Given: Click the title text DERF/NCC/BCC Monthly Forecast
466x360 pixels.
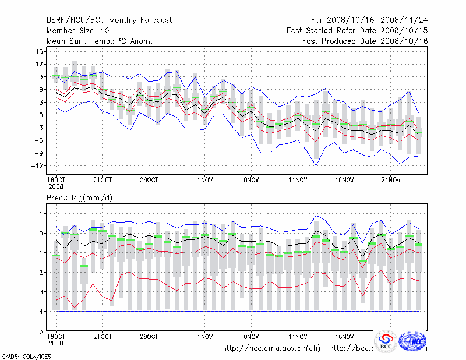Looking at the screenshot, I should (x=109, y=20).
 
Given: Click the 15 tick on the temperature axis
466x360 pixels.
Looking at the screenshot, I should (x=40, y=51).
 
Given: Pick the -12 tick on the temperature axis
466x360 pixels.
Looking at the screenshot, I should (x=38, y=165).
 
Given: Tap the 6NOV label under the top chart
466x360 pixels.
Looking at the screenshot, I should (x=252, y=180).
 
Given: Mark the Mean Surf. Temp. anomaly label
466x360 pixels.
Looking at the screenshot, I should (x=100, y=41).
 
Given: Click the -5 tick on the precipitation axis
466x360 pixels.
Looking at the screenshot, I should (x=40, y=331).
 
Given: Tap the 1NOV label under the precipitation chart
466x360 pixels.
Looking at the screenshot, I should (x=205, y=337).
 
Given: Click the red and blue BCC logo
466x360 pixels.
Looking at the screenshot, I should (x=385, y=343).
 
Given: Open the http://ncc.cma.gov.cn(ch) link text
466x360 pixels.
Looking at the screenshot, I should (x=271, y=348).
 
